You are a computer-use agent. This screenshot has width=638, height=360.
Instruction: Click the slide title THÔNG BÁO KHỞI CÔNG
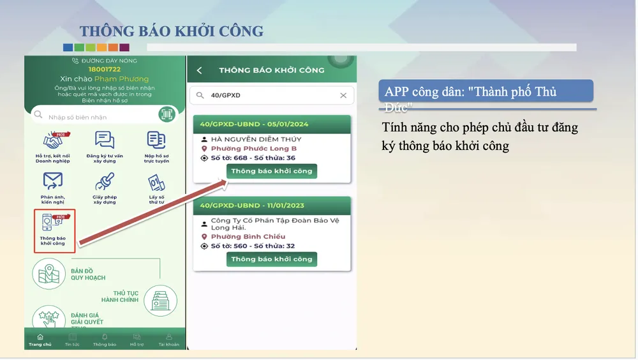[171, 31]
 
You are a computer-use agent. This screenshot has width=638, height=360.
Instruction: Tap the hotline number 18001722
[105, 69]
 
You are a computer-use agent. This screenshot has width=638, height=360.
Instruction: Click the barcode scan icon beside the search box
[167, 115]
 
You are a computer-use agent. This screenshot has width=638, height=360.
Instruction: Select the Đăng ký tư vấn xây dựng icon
[104, 140]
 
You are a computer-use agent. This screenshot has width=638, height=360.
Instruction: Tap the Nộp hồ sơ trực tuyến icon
[156, 140]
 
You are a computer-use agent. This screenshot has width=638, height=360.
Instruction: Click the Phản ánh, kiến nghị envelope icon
[53, 181]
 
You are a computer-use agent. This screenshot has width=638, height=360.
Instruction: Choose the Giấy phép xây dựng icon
[104, 182]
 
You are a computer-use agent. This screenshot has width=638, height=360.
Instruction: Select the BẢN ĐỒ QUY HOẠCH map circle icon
[48, 274]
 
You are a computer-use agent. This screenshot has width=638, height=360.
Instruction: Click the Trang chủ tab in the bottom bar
[40, 340]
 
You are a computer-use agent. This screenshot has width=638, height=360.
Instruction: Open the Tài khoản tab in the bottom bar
[169, 340]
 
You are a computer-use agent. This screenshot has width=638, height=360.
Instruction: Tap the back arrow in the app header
[199, 70]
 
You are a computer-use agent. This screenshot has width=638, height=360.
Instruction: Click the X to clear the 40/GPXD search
[343, 95]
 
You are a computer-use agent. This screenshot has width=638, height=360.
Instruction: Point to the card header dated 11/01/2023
[272, 206]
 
